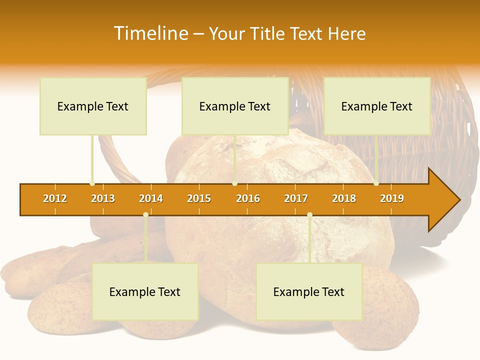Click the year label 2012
click(55, 198)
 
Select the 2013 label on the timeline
click(103, 198)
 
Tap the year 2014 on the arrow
click(151, 198)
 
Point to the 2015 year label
click(199, 198)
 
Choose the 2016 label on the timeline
click(248, 198)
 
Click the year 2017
click(296, 198)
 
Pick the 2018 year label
click(344, 198)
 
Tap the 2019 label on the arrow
click(392, 198)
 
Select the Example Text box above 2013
click(93, 106)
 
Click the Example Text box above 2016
click(235, 106)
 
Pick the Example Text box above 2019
click(377, 106)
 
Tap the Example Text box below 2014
click(145, 291)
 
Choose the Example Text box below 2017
click(309, 291)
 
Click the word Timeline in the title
click(150, 33)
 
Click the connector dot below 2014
click(145, 214)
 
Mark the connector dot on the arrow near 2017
click(309, 214)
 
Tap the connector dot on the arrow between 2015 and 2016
click(234, 183)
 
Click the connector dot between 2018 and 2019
click(376, 183)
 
